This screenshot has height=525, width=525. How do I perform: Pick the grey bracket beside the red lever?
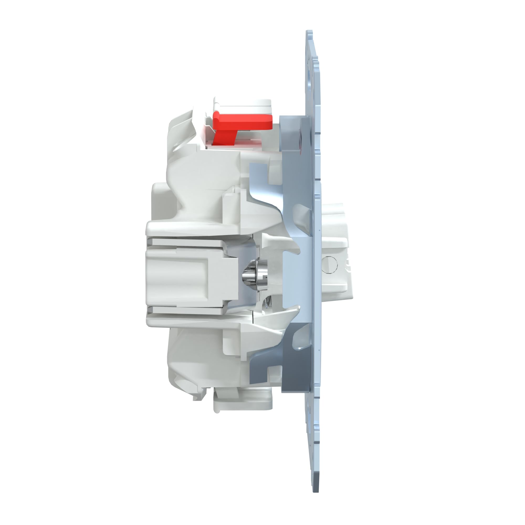pyautogui.click(x=292, y=136)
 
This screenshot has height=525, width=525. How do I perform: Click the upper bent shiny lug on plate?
pyautogui.click(x=303, y=217)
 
